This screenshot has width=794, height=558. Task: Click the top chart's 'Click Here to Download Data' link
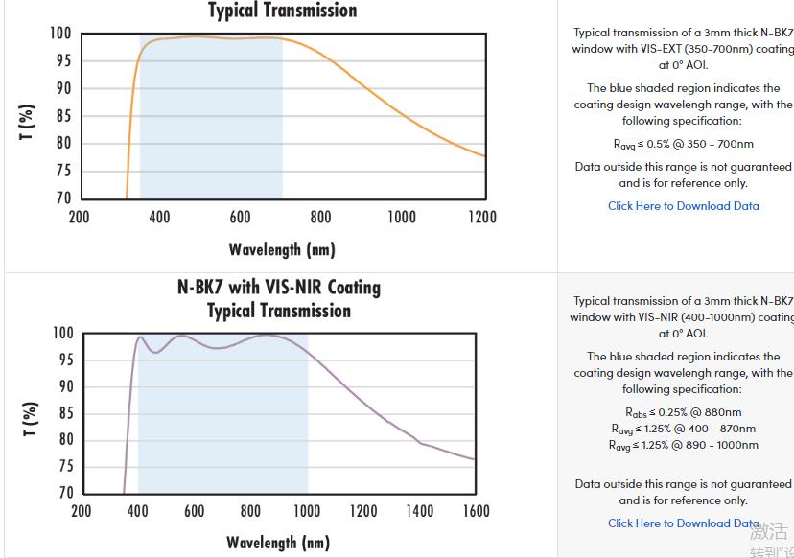point(683,206)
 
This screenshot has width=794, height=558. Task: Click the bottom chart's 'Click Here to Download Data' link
point(683,523)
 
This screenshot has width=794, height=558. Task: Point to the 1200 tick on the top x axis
point(481,217)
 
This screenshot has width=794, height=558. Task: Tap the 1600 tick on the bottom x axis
point(476,511)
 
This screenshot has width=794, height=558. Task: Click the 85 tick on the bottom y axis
point(62,413)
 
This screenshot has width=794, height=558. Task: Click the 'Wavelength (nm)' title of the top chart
point(282,250)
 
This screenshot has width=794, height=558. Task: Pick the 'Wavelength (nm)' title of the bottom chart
point(278,543)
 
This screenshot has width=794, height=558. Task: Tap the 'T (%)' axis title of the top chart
point(28,123)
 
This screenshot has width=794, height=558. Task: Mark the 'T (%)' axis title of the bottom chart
point(29,419)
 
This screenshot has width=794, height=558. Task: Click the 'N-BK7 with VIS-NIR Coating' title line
point(279,287)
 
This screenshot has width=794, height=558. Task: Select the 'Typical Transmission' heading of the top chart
point(282,11)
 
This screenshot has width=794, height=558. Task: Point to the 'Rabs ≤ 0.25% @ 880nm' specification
point(683,412)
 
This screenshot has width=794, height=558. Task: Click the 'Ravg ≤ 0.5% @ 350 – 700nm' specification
point(683,144)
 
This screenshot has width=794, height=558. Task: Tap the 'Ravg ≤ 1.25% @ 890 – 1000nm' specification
point(683,445)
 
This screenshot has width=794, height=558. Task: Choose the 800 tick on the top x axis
point(320,217)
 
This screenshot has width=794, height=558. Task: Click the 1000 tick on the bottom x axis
point(307,511)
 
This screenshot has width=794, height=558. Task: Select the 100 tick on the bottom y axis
point(59,334)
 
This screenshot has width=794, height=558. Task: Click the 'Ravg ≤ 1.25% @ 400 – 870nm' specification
point(683,429)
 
